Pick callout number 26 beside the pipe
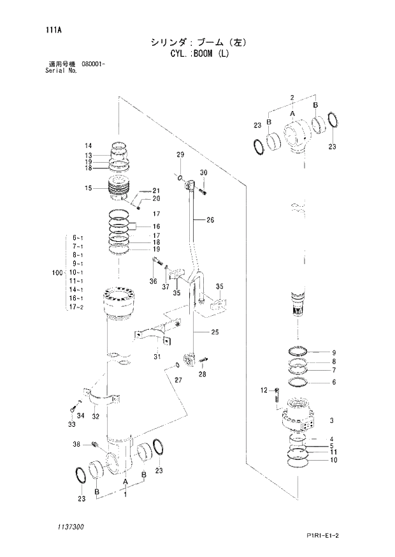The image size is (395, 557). click(210, 221)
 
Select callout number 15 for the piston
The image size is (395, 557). click(89, 188)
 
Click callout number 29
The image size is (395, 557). click(180, 156)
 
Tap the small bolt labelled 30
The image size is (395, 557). click(203, 189)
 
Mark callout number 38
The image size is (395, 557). click(76, 444)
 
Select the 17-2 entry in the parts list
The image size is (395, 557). click(77, 307)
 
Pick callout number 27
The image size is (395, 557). click(178, 380)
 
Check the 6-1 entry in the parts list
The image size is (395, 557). click(78, 237)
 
